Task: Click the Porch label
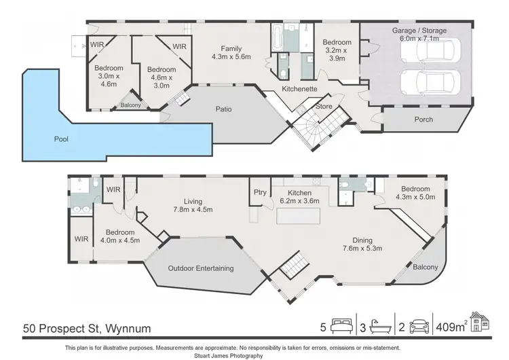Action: (x=423, y=120)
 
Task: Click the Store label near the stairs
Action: (x=323, y=107)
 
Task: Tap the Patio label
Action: (x=214, y=109)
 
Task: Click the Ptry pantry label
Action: (x=259, y=193)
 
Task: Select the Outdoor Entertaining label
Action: (x=200, y=268)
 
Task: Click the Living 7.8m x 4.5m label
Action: (x=193, y=204)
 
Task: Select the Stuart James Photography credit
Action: (x=254, y=355)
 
